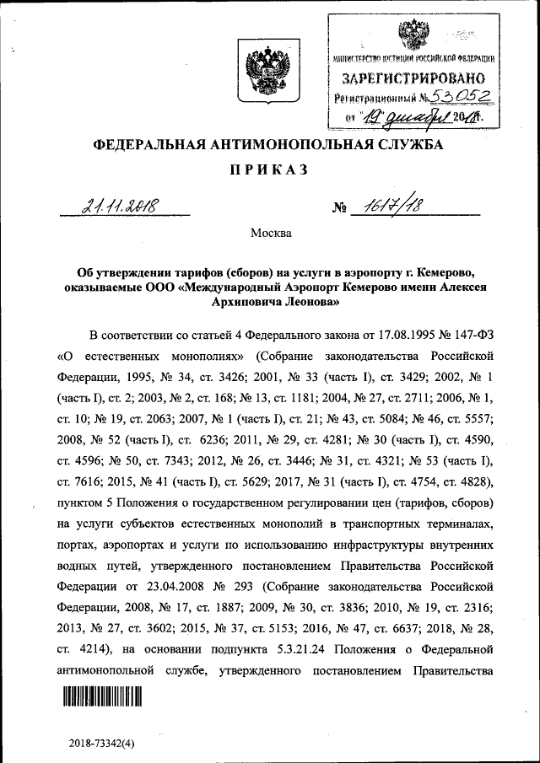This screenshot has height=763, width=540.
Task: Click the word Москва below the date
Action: [x=271, y=233]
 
